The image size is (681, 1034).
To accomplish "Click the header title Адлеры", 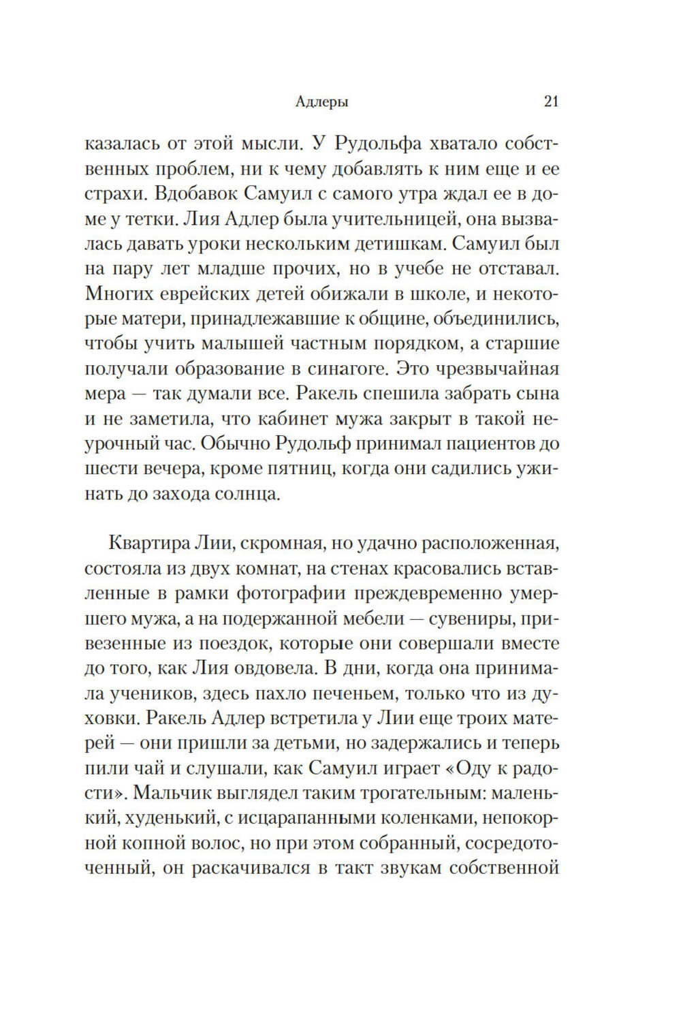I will (323, 102).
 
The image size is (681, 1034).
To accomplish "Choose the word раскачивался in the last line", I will (252, 868).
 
